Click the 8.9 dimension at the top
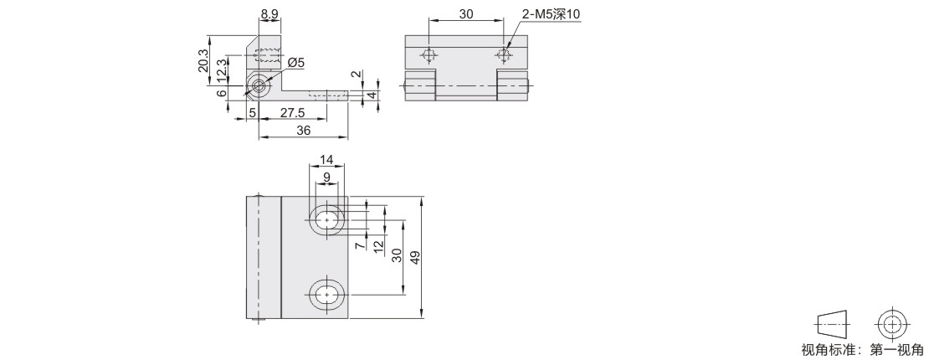(269, 12)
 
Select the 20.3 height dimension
(204, 61)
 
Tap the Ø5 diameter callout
(296, 63)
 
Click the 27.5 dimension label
(292, 113)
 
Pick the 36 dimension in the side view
(303, 131)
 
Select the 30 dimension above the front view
(465, 14)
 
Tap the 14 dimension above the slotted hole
(326, 160)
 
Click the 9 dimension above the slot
(326, 177)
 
